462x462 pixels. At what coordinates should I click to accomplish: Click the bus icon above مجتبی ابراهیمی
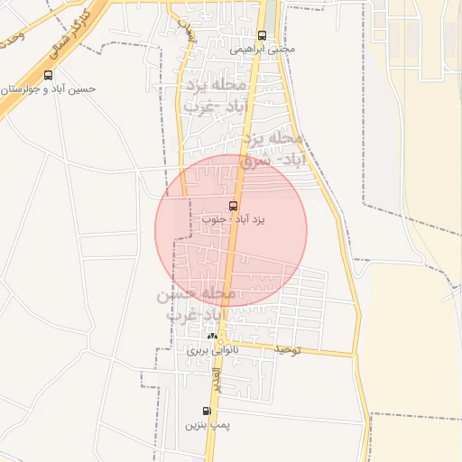(x=262, y=36)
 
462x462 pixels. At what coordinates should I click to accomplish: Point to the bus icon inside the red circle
(x=234, y=207)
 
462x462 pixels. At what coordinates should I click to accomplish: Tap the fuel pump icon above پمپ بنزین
(x=208, y=411)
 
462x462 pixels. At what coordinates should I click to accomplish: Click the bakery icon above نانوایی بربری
(x=212, y=335)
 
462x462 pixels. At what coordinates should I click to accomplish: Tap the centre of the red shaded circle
(x=231, y=231)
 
